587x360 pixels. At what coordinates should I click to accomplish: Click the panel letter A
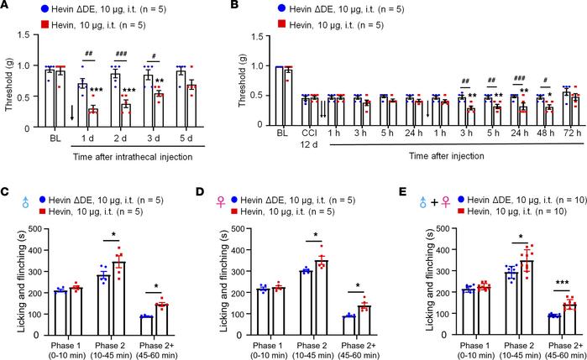6,7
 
